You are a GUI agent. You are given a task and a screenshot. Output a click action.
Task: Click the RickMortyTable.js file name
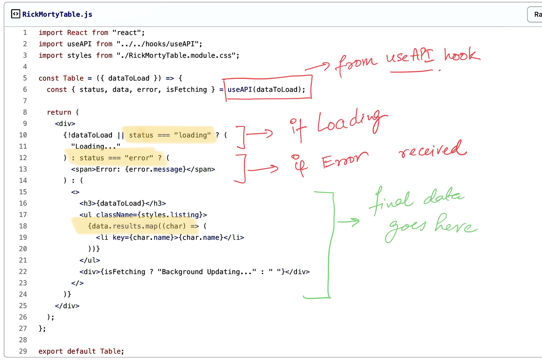[x=57, y=14]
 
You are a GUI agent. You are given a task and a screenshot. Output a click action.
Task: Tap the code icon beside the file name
[x=15, y=14]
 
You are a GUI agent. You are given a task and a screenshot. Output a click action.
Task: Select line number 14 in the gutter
[x=23, y=180]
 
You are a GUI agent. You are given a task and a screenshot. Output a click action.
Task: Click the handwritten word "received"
[x=433, y=150]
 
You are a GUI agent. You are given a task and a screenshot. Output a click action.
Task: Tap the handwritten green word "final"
[x=392, y=200]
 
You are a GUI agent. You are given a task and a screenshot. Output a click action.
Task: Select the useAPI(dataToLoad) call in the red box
[x=266, y=90]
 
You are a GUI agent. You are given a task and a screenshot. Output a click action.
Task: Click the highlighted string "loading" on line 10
[x=192, y=135]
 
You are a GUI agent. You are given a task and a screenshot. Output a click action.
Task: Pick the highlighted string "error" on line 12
[x=139, y=158]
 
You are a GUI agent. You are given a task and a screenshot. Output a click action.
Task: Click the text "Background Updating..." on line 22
[x=207, y=272]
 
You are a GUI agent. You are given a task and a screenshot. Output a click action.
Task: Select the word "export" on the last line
[x=51, y=351]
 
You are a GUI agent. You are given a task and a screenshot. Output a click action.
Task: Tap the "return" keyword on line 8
[x=59, y=112]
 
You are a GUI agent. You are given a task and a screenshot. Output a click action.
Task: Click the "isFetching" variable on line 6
[x=186, y=90]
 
